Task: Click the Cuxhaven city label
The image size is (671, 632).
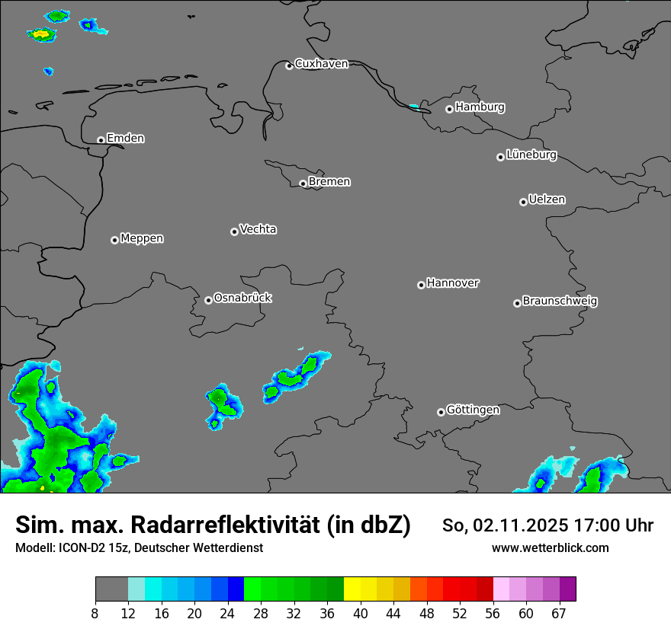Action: point(321,64)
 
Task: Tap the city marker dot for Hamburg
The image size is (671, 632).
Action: point(450,109)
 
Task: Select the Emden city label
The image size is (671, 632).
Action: point(125,139)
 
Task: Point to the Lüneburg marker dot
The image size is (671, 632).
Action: point(500,157)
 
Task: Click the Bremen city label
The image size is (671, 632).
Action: point(329,182)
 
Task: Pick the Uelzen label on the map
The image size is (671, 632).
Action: point(547,200)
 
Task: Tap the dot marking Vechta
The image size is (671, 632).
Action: point(234,231)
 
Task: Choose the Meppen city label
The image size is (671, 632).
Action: point(142,239)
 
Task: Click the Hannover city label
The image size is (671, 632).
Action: point(453,283)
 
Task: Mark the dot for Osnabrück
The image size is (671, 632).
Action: point(208,300)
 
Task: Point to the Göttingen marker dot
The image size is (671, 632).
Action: point(441,412)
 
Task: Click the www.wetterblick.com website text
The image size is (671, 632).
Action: point(551,548)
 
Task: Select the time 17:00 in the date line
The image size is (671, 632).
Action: point(605,525)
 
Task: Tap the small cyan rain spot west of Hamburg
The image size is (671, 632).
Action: point(414,106)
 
